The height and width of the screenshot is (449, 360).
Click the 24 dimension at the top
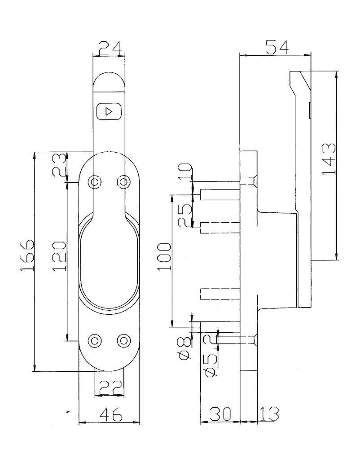[110, 48]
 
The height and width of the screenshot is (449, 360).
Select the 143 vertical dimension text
[329, 159]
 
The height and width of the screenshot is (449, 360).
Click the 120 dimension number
[59, 256]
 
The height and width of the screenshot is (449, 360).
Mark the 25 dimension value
[185, 216]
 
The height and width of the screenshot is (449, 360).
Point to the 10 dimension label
[185, 172]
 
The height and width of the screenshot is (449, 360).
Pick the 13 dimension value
[269, 414]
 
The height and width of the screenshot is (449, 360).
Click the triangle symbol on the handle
[109, 111]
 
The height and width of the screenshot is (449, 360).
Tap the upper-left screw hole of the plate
[94, 181]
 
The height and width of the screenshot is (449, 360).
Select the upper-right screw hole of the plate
[124, 181]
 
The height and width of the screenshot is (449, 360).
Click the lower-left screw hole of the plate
[95, 340]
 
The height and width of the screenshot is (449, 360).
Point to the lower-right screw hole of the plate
[124, 340]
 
